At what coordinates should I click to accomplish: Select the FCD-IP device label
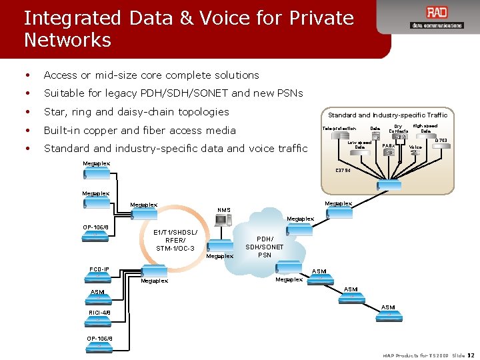click(99, 269)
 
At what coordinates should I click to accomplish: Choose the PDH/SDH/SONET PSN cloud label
click(264, 247)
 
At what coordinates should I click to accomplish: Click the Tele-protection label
click(339, 128)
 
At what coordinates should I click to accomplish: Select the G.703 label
click(441, 140)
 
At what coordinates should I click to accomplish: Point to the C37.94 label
click(343, 170)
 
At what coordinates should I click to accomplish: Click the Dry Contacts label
click(399, 128)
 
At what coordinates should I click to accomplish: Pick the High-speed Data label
click(425, 128)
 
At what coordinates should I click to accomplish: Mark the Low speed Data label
click(360, 145)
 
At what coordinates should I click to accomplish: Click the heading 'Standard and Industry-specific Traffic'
click(387, 115)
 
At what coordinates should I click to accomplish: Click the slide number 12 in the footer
click(471, 355)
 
